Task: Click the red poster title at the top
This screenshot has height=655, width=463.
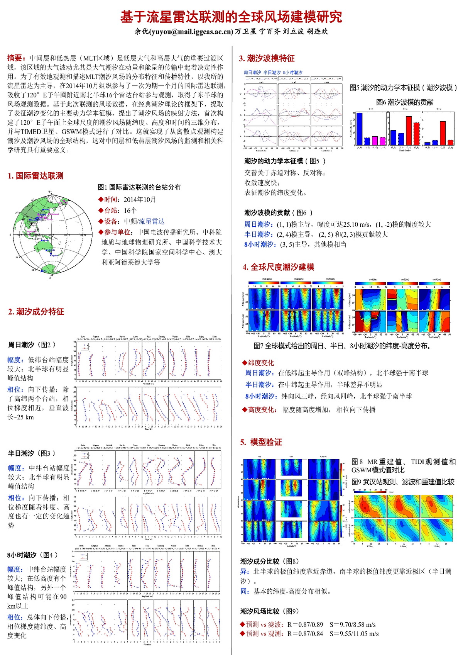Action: [231, 17]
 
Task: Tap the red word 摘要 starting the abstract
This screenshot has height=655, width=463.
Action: [16, 58]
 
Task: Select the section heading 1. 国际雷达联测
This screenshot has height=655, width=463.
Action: [35, 176]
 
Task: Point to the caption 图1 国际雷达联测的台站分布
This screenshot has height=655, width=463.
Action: [139, 187]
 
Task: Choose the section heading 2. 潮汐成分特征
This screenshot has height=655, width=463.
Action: [36, 312]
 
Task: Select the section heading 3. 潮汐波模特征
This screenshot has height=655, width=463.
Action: [267, 58]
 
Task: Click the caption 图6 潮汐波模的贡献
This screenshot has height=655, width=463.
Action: [405, 102]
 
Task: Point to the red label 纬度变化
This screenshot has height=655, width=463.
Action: [260, 363]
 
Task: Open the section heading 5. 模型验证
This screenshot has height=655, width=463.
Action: [261, 442]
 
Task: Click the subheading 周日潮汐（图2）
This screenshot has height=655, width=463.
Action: [32, 344]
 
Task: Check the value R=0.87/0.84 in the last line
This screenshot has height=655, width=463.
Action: [305, 634]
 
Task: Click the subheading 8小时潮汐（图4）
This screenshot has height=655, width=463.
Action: [32, 555]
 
